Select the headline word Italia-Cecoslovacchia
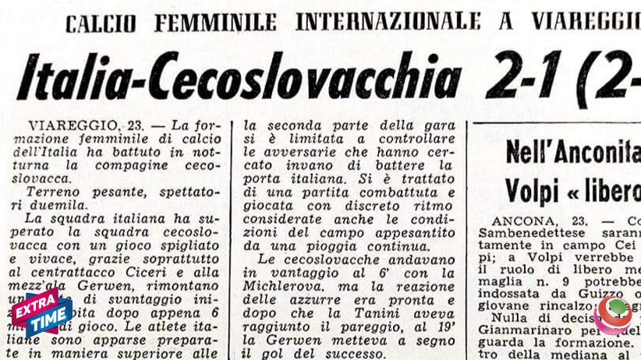(239, 76)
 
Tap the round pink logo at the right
(616, 312)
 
